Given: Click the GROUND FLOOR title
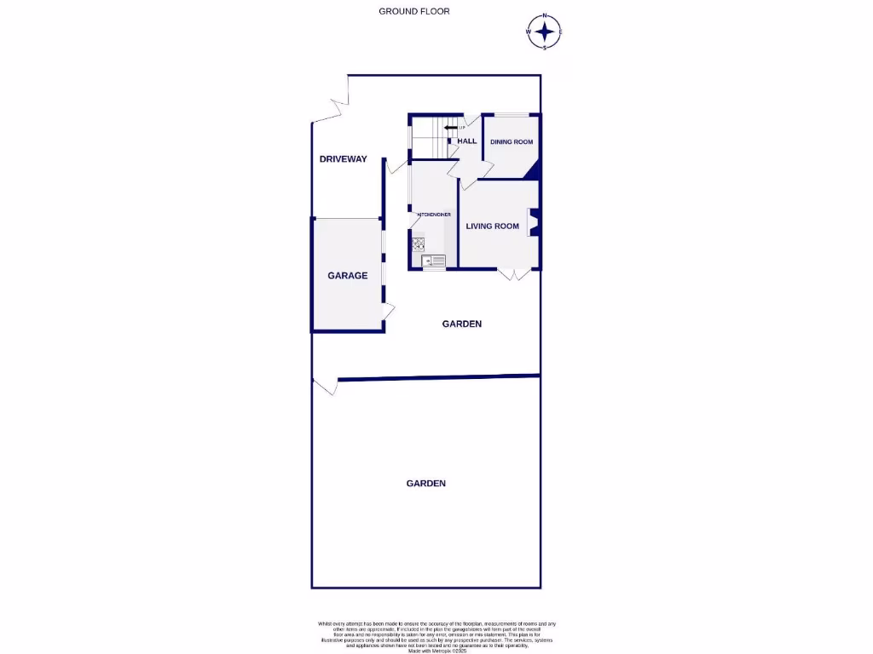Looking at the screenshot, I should (x=414, y=11).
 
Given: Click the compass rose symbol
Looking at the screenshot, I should (x=545, y=32).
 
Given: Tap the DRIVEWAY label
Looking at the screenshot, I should (x=343, y=159).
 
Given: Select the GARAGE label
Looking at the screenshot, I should (x=348, y=275).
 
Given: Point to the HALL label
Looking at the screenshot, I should (x=467, y=141).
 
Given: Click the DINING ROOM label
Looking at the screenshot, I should (x=512, y=142).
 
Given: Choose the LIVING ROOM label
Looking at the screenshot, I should (x=492, y=226).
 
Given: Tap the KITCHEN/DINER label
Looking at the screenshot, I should (x=434, y=215).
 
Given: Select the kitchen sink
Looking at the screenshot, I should (x=434, y=260).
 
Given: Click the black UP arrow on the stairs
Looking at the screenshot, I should (x=449, y=129).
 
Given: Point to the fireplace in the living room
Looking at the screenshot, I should (x=533, y=221).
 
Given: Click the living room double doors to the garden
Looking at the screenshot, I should (x=515, y=274).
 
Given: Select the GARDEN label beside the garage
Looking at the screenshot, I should (x=462, y=324).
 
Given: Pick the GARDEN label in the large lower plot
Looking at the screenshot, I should (x=425, y=483).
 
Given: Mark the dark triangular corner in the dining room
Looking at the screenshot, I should (x=533, y=171).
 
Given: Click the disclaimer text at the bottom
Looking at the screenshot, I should (x=436, y=636).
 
